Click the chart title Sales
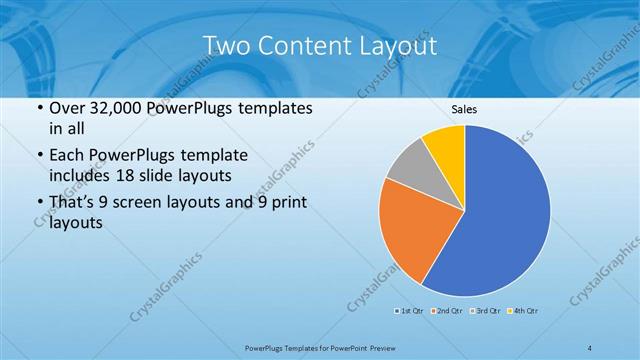(x=464, y=110)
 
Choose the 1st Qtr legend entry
(x=409, y=311)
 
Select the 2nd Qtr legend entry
(x=446, y=311)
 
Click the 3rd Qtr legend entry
(x=484, y=311)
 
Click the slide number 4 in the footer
(x=590, y=347)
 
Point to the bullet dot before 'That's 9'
(x=38, y=203)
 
